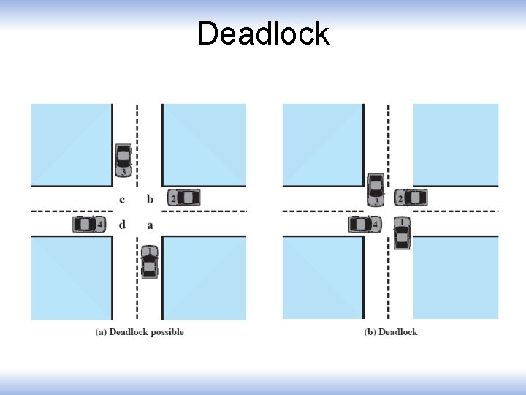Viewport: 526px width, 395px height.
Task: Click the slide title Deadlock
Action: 263,34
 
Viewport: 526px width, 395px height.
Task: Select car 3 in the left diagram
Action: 123,160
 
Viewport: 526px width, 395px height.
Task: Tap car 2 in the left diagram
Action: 184,197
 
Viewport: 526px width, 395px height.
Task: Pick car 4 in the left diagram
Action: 88,224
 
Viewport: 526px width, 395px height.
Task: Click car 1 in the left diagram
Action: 149,261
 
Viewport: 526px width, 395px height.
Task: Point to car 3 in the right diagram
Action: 376,189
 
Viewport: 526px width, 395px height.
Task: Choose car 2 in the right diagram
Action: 411,197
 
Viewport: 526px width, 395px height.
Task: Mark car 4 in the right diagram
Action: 365,224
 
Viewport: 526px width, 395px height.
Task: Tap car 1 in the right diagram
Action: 401,232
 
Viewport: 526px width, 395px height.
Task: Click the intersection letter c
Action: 122,199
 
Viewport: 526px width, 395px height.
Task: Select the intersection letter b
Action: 150,198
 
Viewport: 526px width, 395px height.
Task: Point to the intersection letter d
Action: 122,225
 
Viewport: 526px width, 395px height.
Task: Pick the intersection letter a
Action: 150,225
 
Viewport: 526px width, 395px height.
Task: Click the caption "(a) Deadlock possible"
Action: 140,332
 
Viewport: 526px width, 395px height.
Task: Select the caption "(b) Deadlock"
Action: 391,332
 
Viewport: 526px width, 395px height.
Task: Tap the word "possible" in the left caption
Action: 167,332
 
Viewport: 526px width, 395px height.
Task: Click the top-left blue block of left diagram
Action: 71,144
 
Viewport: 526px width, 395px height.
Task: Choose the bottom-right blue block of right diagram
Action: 456,278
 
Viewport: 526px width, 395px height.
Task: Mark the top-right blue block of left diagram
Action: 205,144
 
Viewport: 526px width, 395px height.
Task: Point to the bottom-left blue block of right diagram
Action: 322,278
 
